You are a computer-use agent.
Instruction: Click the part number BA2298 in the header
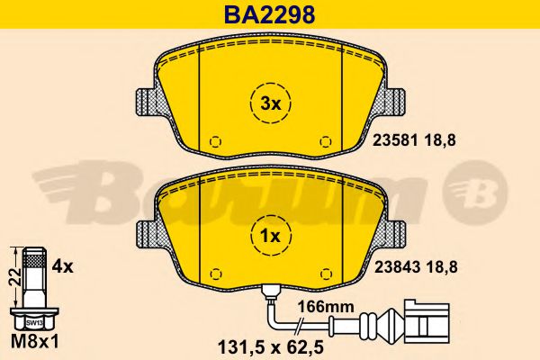[269, 14]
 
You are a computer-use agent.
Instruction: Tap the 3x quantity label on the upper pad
[270, 103]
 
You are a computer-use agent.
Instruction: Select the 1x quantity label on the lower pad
[270, 237]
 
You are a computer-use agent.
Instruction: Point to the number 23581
[396, 140]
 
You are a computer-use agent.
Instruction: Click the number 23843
[397, 267]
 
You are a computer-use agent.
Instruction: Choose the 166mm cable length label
[326, 307]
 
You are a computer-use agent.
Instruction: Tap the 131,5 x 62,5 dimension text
[271, 347]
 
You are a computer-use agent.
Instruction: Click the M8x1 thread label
[35, 342]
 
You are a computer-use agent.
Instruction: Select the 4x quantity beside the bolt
[62, 266]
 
